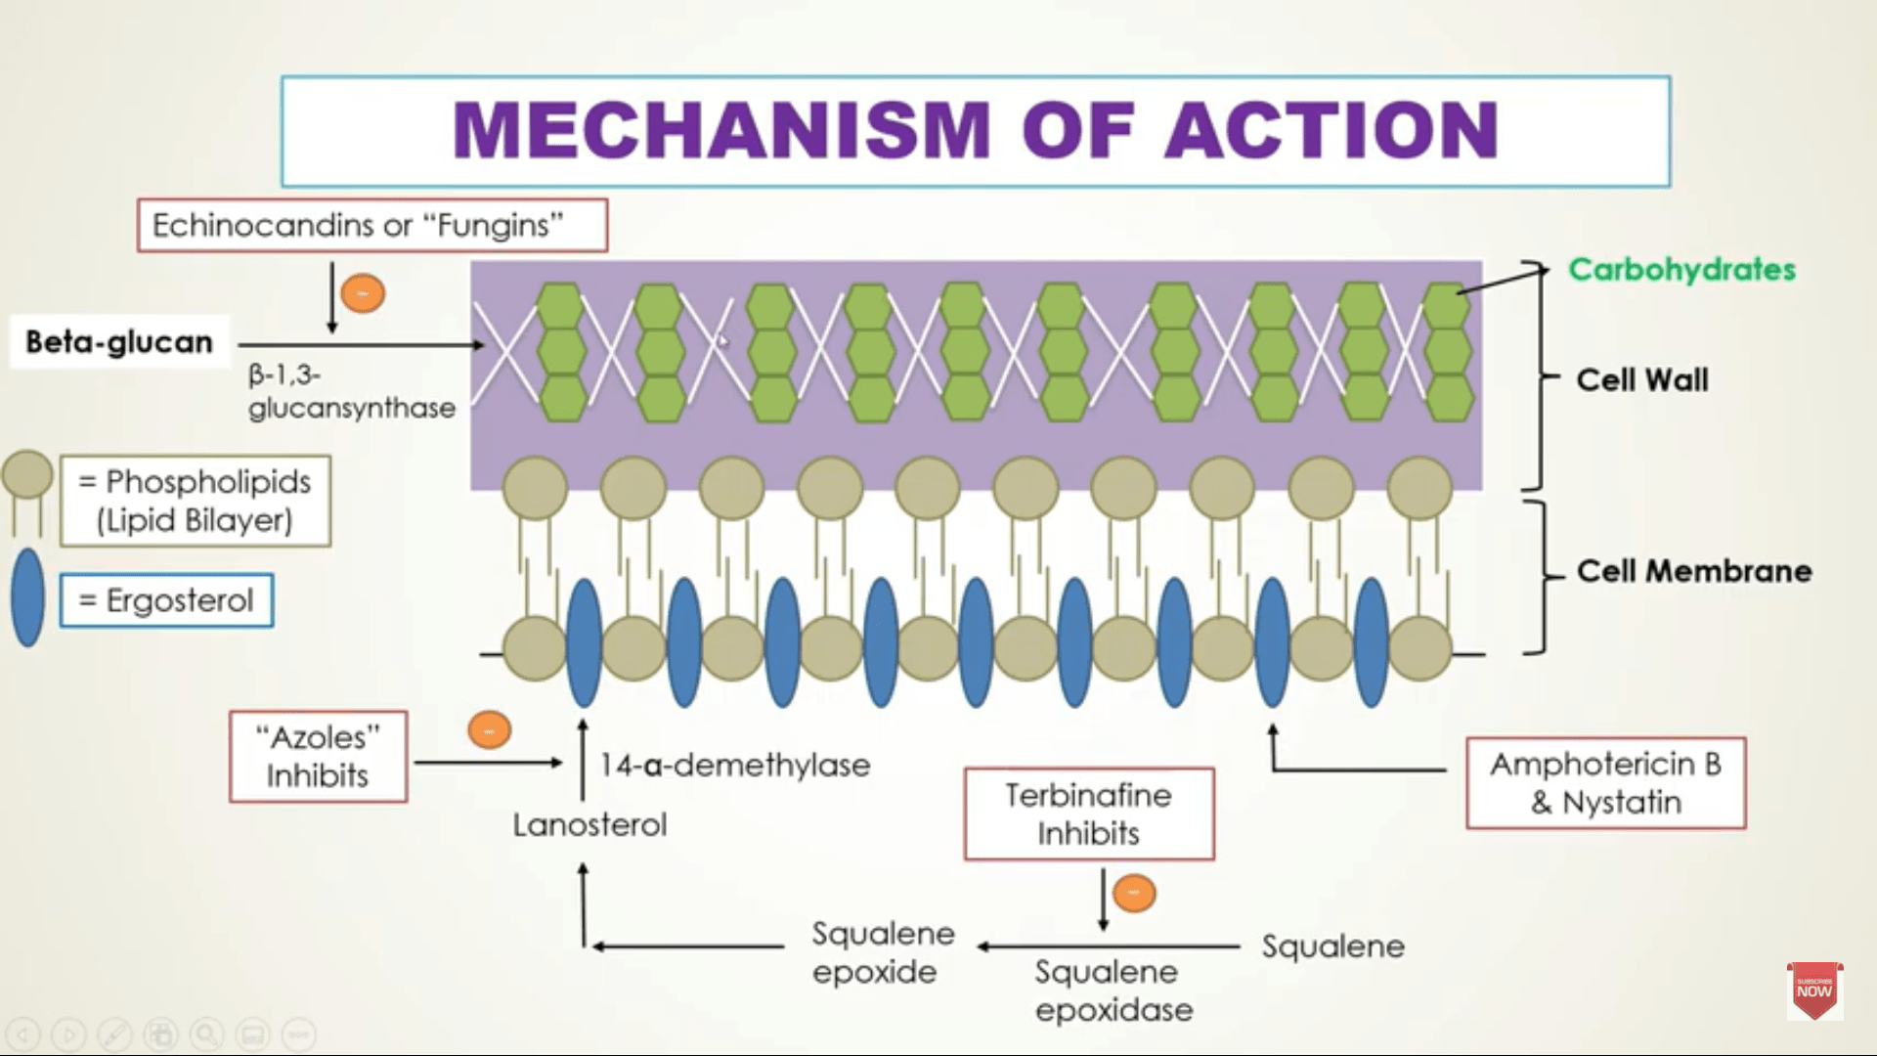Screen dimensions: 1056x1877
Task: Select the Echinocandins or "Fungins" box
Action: [x=371, y=226]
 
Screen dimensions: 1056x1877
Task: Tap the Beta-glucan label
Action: [x=119, y=342]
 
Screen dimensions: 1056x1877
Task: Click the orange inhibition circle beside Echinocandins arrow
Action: [x=363, y=293]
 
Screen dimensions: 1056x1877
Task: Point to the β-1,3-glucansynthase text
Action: [x=350, y=391]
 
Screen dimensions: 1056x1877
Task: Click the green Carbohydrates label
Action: [x=1681, y=270]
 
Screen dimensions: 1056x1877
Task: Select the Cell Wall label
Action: [x=1641, y=380]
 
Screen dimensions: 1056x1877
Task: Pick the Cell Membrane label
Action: [x=1693, y=571]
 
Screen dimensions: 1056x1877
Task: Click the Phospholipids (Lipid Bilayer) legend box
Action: [x=196, y=501]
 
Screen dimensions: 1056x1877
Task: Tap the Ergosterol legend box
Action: [x=166, y=600]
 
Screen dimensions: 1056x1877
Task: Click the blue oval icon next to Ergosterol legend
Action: [x=27, y=597]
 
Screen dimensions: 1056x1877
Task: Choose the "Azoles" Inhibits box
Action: [x=318, y=757]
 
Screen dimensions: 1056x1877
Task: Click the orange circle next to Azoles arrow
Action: [x=489, y=730]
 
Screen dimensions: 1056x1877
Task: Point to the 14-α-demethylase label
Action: [x=734, y=765]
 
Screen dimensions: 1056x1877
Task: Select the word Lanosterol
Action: [x=589, y=825]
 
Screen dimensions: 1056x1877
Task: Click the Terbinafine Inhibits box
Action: [x=1088, y=814]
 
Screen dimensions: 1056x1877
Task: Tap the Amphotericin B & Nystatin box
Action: [x=1605, y=783]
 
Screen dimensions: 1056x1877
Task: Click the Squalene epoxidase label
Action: [x=1113, y=990]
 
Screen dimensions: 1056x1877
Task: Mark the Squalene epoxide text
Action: [x=882, y=952]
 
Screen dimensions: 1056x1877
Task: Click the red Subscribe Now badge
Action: [x=1813, y=990]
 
